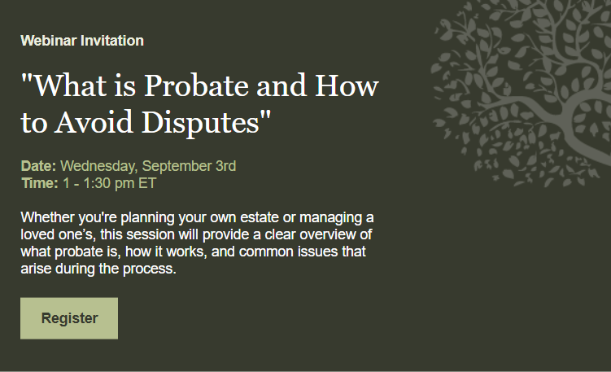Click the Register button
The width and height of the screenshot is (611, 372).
tap(69, 318)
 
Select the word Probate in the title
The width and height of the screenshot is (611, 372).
tap(196, 85)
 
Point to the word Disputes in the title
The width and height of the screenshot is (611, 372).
tap(200, 123)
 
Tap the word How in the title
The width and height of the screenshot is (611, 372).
tap(347, 85)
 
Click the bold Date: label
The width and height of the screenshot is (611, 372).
tap(38, 166)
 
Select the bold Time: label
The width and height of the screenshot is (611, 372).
tap(40, 183)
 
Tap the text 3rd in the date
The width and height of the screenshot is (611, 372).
tap(226, 166)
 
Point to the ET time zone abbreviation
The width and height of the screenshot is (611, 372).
tap(147, 183)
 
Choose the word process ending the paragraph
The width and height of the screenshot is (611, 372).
tap(149, 269)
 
